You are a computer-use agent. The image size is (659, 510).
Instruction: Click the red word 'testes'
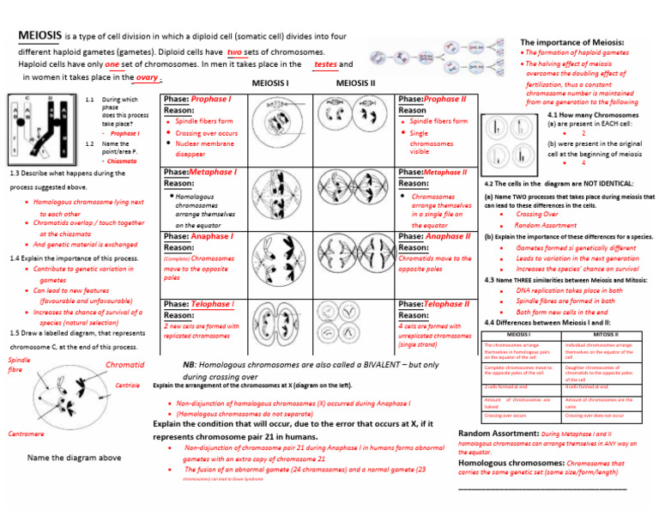pyautogui.click(x=326, y=64)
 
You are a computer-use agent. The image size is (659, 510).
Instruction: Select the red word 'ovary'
pyautogui.click(x=147, y=76)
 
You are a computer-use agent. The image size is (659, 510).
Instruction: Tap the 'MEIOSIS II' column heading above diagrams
pyautogui.click(x=355, y=84)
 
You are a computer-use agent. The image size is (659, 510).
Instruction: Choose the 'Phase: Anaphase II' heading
pyautogui.click(x=435, y=236)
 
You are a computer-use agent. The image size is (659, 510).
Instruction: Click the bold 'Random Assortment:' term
pyautogui.click(x=499, y=434)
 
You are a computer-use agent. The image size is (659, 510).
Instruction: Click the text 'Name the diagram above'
pyautogui.click(x=74, y=458)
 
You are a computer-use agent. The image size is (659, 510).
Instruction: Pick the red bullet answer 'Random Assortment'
pyautogui.click(x=546, y=225)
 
